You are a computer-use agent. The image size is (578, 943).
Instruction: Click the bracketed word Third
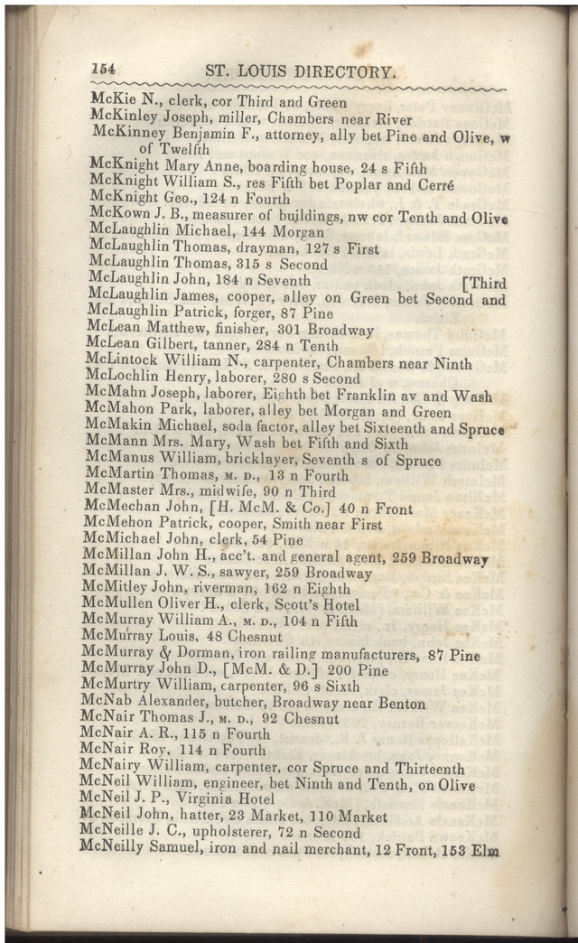[484, 283]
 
